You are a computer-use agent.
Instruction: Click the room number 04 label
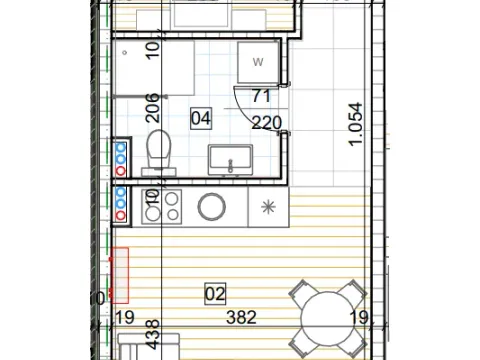(x=201, y=118)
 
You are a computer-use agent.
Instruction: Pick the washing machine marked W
(x=258, y=64)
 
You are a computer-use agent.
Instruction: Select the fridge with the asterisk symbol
(x=267, y=207)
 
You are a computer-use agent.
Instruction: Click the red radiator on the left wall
(x=120, y=275)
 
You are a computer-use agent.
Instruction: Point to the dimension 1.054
(x=354, y=125)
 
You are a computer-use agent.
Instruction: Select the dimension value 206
(x=154, y=105)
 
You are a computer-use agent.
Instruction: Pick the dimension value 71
(x=263, y=97)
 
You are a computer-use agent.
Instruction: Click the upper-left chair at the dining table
(x=300, y=292)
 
